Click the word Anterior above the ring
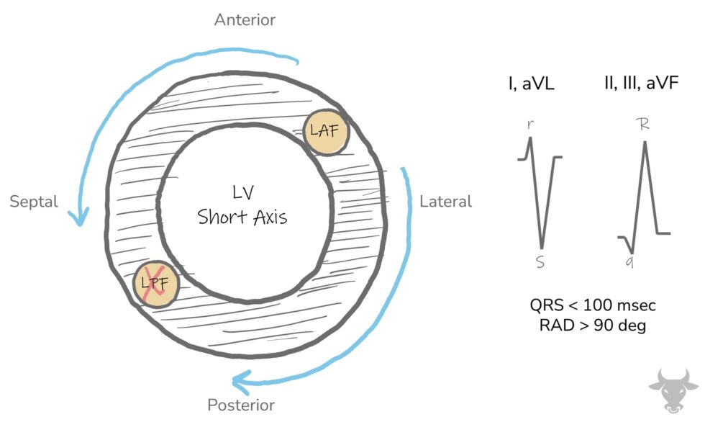coord(245,19)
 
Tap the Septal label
coord(33,202)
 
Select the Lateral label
coord(445,202)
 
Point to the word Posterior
coord(241,405)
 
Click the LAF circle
coord(325,131)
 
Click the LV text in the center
coord(242,192)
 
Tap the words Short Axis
coord(242,217)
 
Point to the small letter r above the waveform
coord(530,124)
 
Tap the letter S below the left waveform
coord(540,264)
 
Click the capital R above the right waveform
coord(644,124)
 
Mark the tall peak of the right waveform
coord(645,142)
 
